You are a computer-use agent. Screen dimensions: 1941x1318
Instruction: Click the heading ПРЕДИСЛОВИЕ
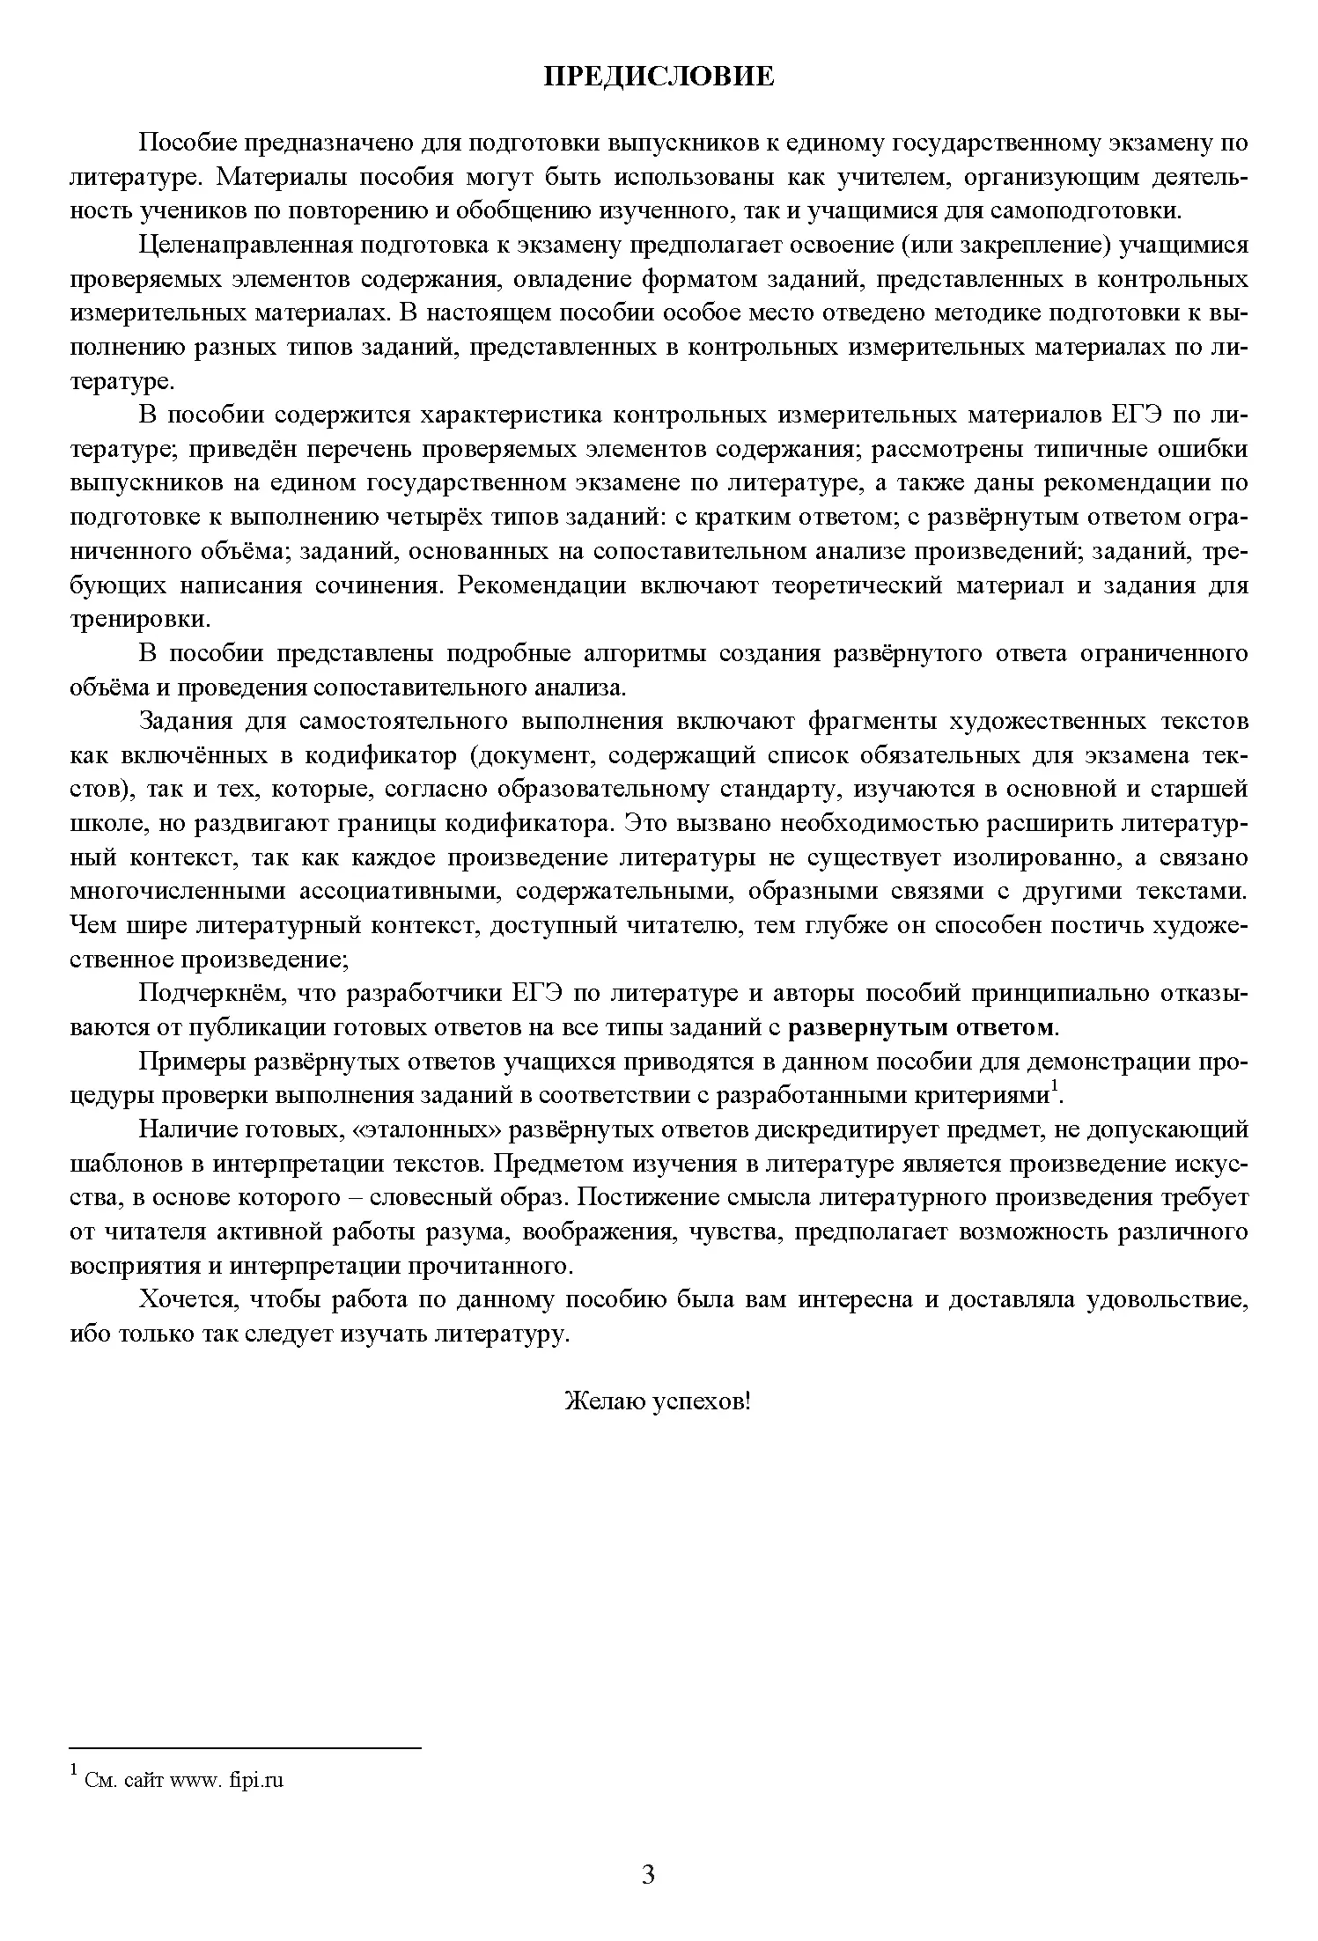point(659,77)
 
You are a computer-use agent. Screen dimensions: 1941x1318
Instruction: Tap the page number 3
point(648,1875)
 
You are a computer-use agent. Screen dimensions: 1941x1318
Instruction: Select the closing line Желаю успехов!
point(657,1401)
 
